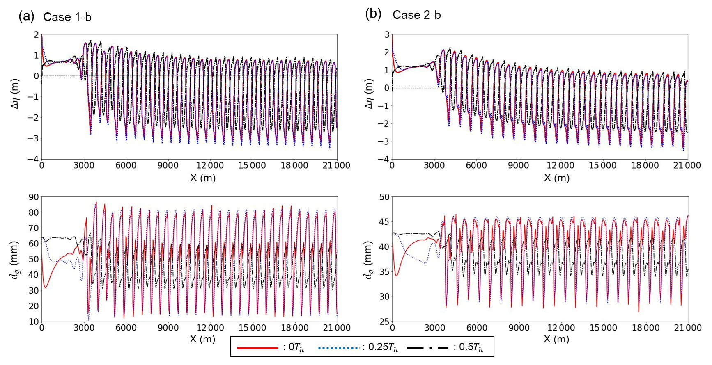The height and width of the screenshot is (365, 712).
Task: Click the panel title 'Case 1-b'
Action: [x=67, y=17]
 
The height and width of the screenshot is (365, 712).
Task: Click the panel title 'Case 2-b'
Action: [x=416, y=15]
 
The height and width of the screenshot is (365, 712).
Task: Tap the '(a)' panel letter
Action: [x=26, y=16]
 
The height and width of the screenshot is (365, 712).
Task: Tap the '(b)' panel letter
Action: [x=373, y=14]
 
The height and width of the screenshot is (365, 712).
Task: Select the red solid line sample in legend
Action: [x=257, y=348]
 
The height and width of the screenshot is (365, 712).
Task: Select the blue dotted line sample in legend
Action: [x=338, y=348]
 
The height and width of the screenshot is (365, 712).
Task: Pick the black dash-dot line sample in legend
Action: [x=427, y=348]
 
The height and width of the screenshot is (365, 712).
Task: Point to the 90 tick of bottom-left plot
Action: [x=34, y=197]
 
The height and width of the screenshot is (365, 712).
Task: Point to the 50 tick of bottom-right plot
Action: [x=384, y=197]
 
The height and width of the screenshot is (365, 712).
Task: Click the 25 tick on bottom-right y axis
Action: [x=384, y=322]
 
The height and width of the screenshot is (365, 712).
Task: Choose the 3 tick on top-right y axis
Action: [x=387, y=34]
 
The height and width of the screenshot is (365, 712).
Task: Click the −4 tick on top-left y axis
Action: [x=33, y=159]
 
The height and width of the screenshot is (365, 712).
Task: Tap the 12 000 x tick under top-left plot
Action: [x=210, y=165]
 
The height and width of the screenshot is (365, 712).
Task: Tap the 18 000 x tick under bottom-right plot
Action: [x=645, y=328]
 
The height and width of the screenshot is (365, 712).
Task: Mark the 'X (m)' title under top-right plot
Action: [x=556, y=178]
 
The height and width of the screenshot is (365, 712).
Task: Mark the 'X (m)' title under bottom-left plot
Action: [x=202, y=339]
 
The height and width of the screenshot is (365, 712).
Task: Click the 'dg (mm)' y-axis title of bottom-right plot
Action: [x=368, y=259]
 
